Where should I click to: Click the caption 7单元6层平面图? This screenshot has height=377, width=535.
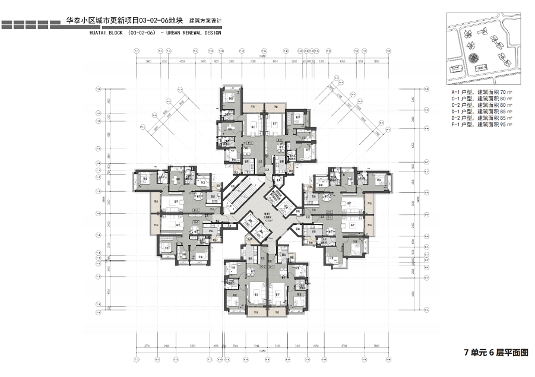495,353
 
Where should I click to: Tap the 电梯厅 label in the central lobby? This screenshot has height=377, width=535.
259,217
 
